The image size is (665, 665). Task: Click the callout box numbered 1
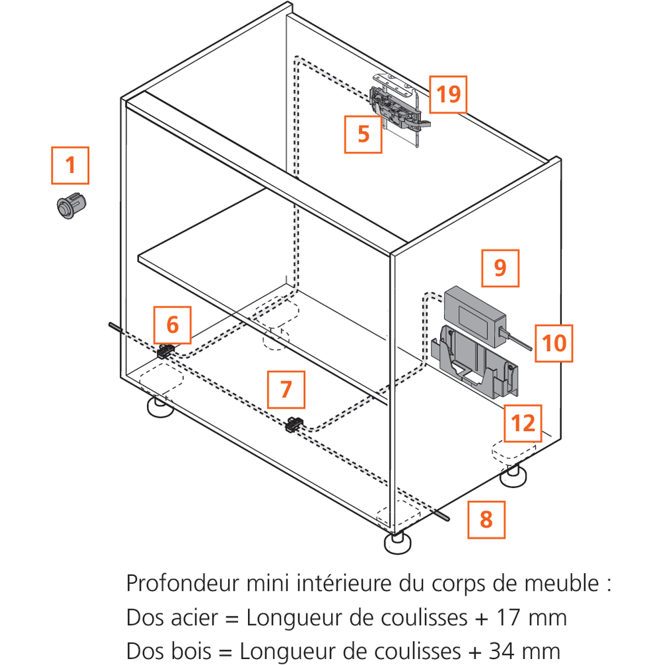coord(70,165)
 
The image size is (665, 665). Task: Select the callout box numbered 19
coord(448,94)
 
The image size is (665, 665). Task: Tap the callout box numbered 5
coord(363,134)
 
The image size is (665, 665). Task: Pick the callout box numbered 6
coord(172,325)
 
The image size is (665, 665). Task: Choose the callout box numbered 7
coord(286,389)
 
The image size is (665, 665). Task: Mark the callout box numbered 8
coord(486,519)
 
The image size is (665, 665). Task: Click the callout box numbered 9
coord(500,268)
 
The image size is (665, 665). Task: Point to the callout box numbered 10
coord(554,343)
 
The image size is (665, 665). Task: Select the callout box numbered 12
coord(523,423)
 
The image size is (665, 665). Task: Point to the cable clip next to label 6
coord(166,352)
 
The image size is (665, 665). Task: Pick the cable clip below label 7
coord(294,424)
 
